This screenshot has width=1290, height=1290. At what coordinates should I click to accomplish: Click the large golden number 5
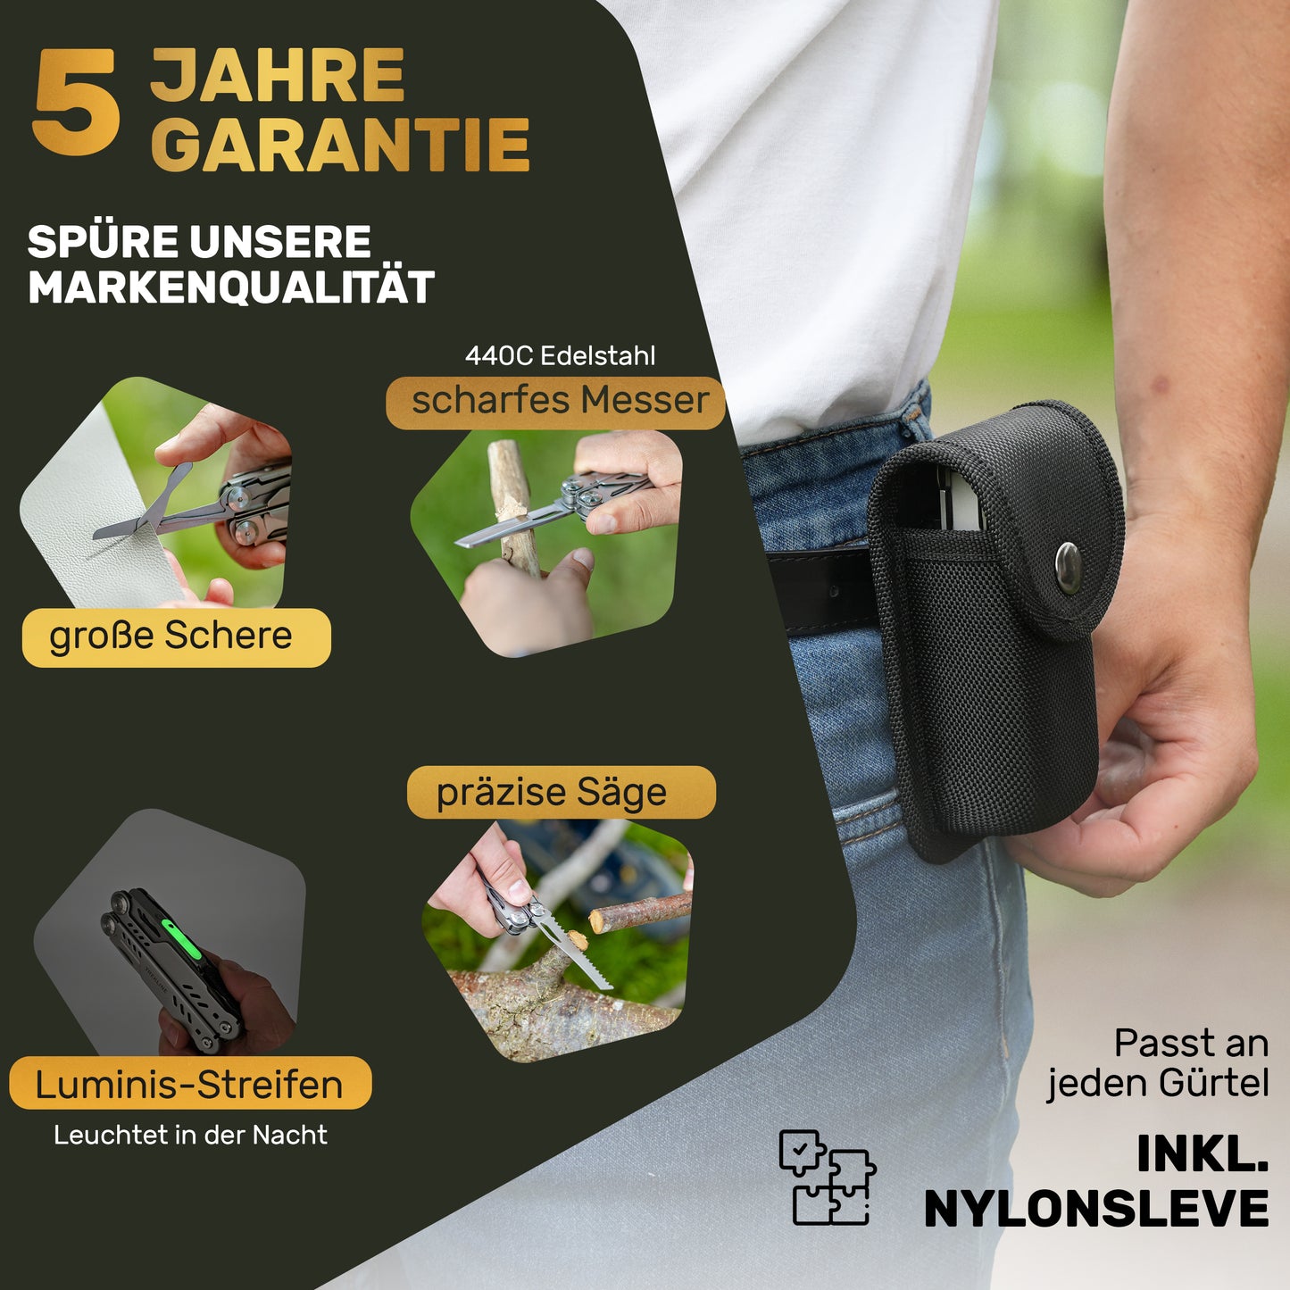pos(76,102)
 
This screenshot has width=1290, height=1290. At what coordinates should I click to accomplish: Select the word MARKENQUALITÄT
pos(231,287)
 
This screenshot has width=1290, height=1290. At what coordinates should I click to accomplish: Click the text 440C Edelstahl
pos(560,356)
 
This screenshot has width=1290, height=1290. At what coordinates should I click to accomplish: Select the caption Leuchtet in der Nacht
pos(191,1136)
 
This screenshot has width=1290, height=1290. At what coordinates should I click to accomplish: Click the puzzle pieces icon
pos(828,1178)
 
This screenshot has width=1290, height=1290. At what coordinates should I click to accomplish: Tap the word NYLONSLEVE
pos(1096,1209)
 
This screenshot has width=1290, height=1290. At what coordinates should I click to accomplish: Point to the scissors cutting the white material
pos(148,509)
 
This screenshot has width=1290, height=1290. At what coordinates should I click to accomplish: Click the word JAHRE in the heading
pos(278,75)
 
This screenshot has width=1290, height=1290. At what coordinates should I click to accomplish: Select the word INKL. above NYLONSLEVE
pos(1203,1153)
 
